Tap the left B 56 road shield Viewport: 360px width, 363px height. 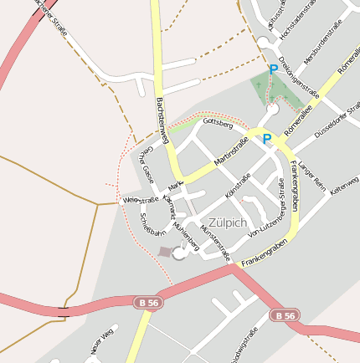click(x=144, y=300)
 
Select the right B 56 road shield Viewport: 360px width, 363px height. click(x=284, y=315)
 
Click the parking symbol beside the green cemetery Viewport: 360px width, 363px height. click(x=273, y=71)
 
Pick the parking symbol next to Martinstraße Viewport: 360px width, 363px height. click(x=267, y=139)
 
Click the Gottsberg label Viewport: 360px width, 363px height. click(x=217, y=124)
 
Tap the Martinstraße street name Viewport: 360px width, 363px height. click(x=231, y=149)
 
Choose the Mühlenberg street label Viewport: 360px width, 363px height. click(x=185, y=233)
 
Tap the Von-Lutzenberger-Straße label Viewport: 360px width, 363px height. click(x=274, y=212)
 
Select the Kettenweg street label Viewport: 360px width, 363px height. click(x=344, y=187)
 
